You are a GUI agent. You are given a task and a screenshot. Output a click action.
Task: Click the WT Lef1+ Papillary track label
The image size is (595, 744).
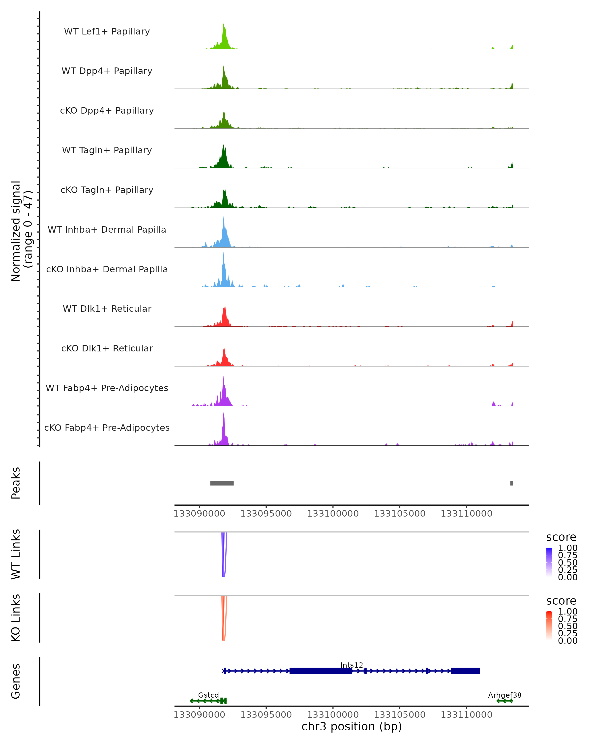point(107,31)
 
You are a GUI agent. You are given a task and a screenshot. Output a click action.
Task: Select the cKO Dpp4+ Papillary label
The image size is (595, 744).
point(107,110)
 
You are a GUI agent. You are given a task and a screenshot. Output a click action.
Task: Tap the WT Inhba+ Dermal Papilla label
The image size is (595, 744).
point(107,229)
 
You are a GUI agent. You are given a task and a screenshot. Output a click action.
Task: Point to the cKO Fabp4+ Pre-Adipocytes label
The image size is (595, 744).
point(107,428)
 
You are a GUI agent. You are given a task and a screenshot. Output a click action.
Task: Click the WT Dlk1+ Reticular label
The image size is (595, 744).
point(107,309)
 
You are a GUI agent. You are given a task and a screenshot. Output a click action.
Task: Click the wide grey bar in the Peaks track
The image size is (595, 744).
point(222,483)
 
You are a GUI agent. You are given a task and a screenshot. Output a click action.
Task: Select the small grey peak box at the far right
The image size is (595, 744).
point(511,483)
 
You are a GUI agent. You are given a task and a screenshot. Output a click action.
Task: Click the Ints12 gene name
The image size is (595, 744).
point(352,665)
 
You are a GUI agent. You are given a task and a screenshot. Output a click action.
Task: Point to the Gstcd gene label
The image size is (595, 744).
point(208,695)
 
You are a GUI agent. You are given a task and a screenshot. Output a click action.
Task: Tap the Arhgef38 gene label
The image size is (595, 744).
point(505,695)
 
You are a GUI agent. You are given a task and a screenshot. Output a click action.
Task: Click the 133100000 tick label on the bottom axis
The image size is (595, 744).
point(333,714)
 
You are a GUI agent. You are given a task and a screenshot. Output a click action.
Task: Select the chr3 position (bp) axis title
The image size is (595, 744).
point(352,726)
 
